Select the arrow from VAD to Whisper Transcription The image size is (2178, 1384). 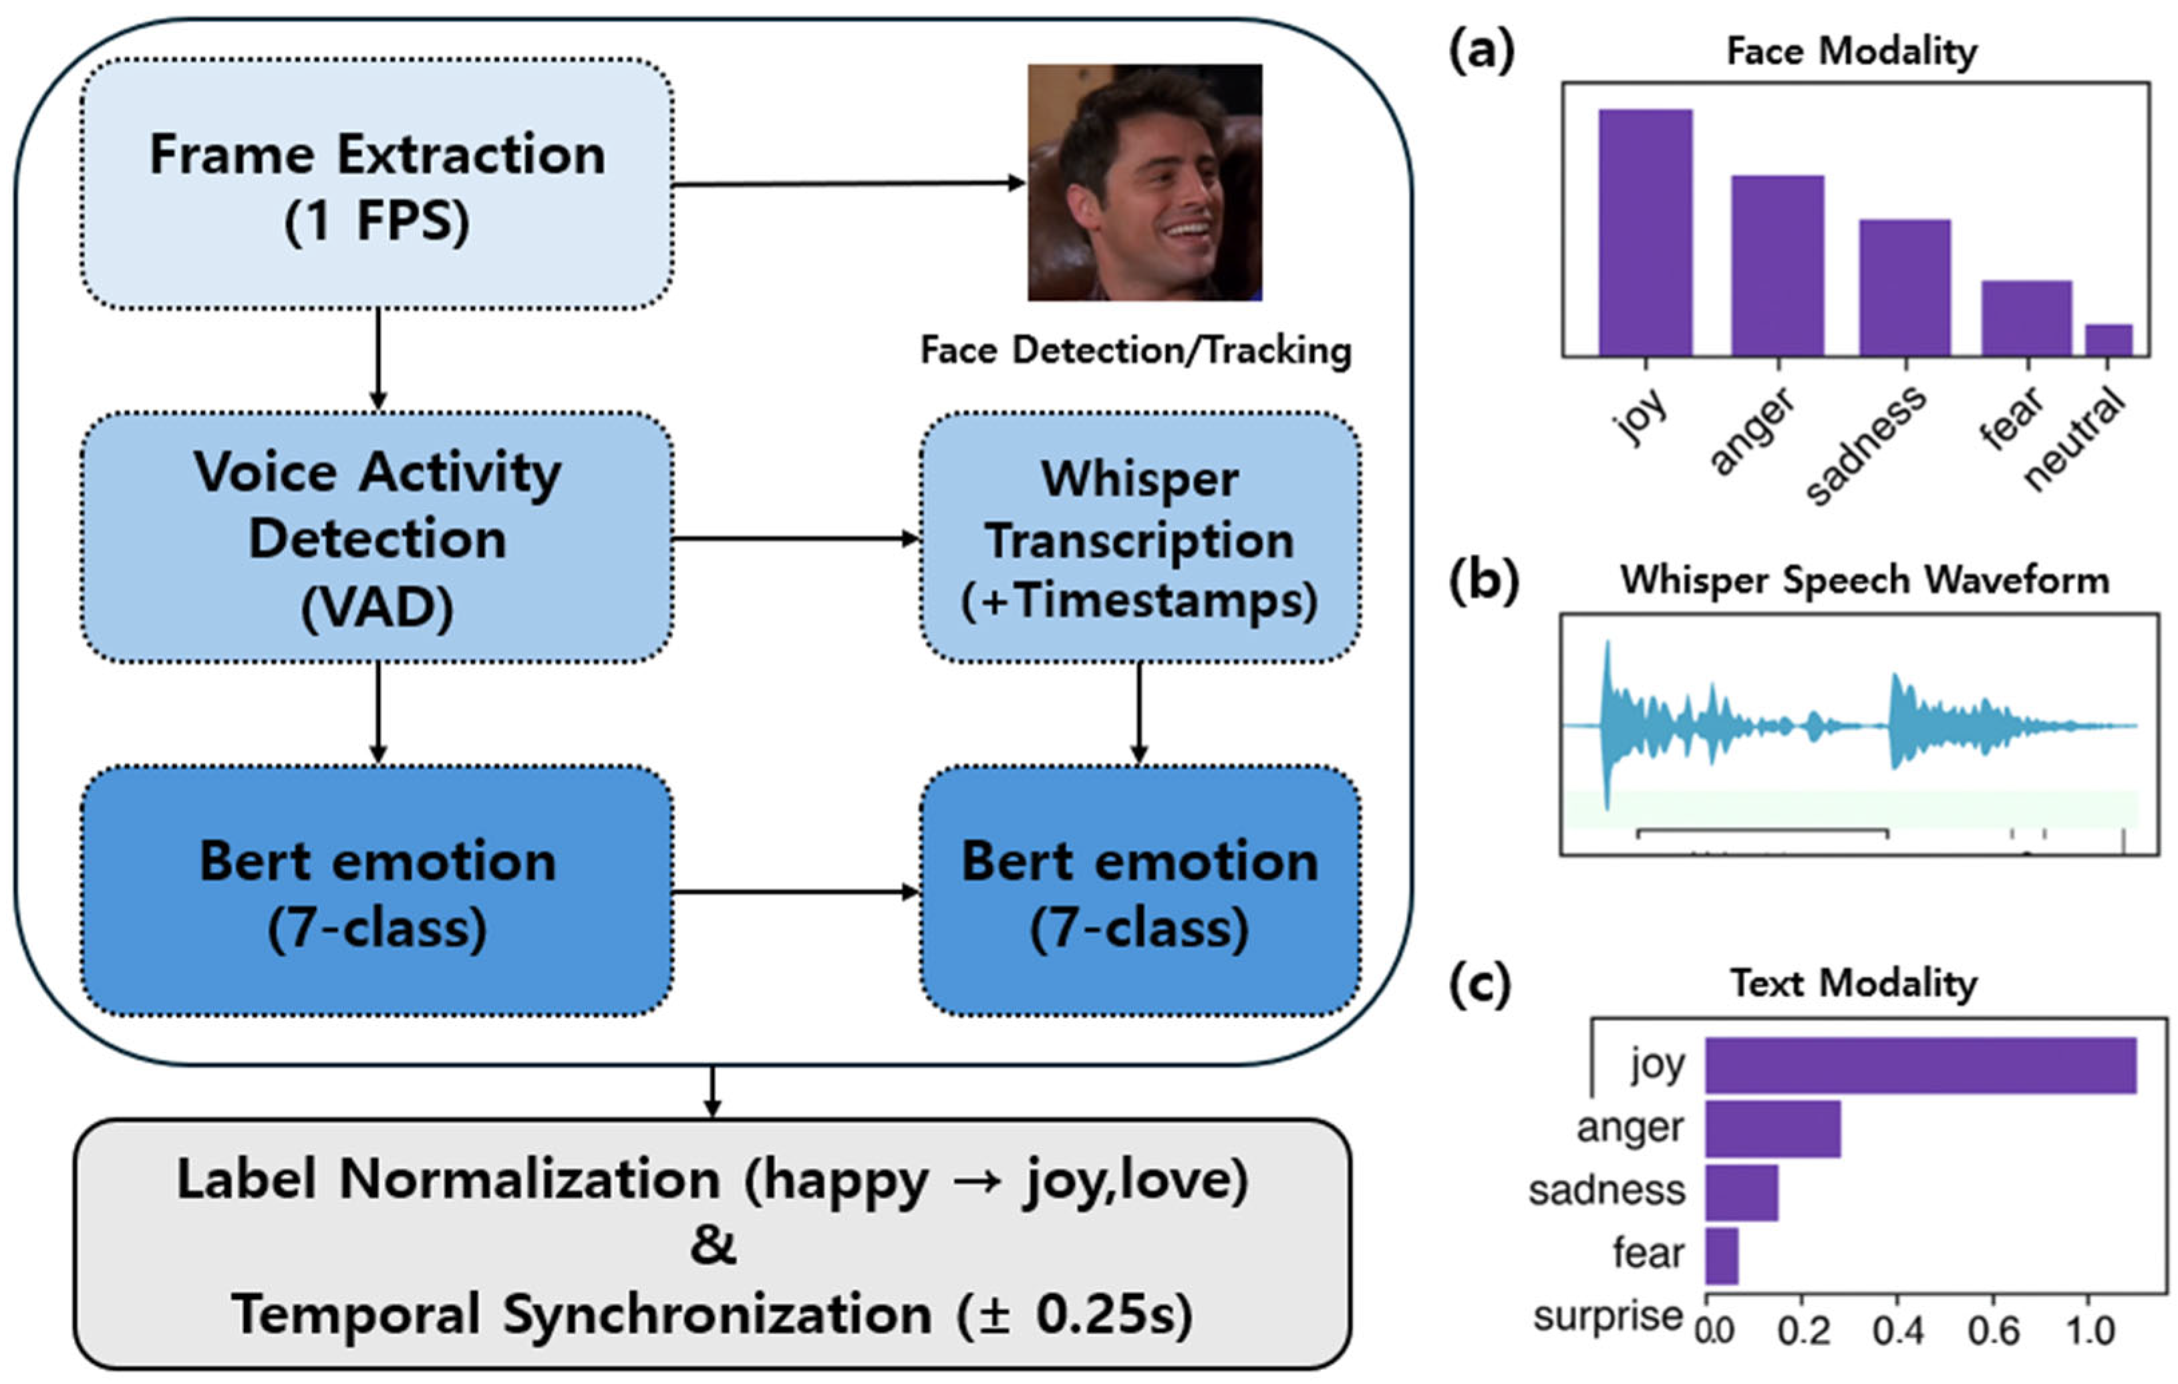tap(796, 539)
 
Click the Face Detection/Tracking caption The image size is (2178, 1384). tap(1135, 351)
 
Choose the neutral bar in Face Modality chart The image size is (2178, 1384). tap(2109, 340)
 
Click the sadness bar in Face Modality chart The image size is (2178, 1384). tap(1904, 287)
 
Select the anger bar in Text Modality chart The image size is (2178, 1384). tap(1772, 1128)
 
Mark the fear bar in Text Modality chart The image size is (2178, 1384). tap(1721, 1256)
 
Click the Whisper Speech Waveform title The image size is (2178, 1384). tap(1864, 581)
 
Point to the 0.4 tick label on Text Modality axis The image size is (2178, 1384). tap(1897, 1331)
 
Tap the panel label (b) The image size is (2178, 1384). tap(1483, 581)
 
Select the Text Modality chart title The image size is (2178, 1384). tap(1853, 983)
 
